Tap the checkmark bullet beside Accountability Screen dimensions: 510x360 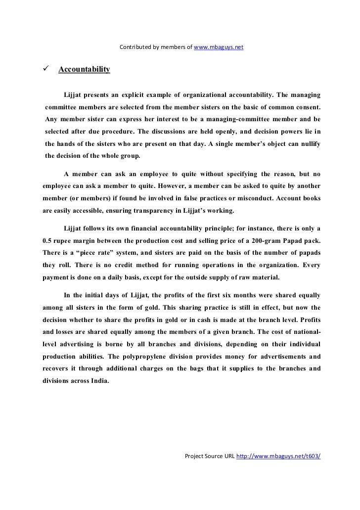[47, 69]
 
